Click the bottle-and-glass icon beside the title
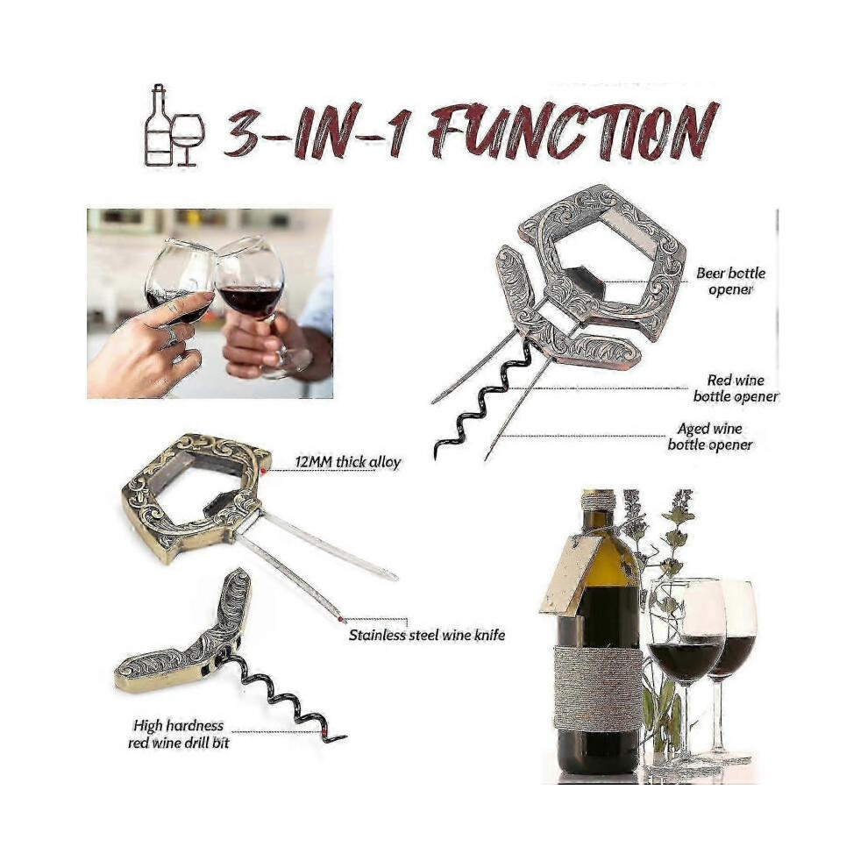(x=174, y=125)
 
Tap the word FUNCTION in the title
(x=574, y=132)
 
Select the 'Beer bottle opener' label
(x=730, y=281)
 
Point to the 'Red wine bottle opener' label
(x=736, y=388)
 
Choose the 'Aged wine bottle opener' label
(x=710, y=437)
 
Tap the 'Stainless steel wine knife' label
(x=427, y=635)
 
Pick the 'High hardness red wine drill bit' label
(x=178, y=734)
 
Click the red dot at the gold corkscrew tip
(x=323, y=734)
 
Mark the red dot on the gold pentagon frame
(x=264, y=470)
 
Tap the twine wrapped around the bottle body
(x=598, y=687)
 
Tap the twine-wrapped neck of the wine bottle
(x=599, y=501)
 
